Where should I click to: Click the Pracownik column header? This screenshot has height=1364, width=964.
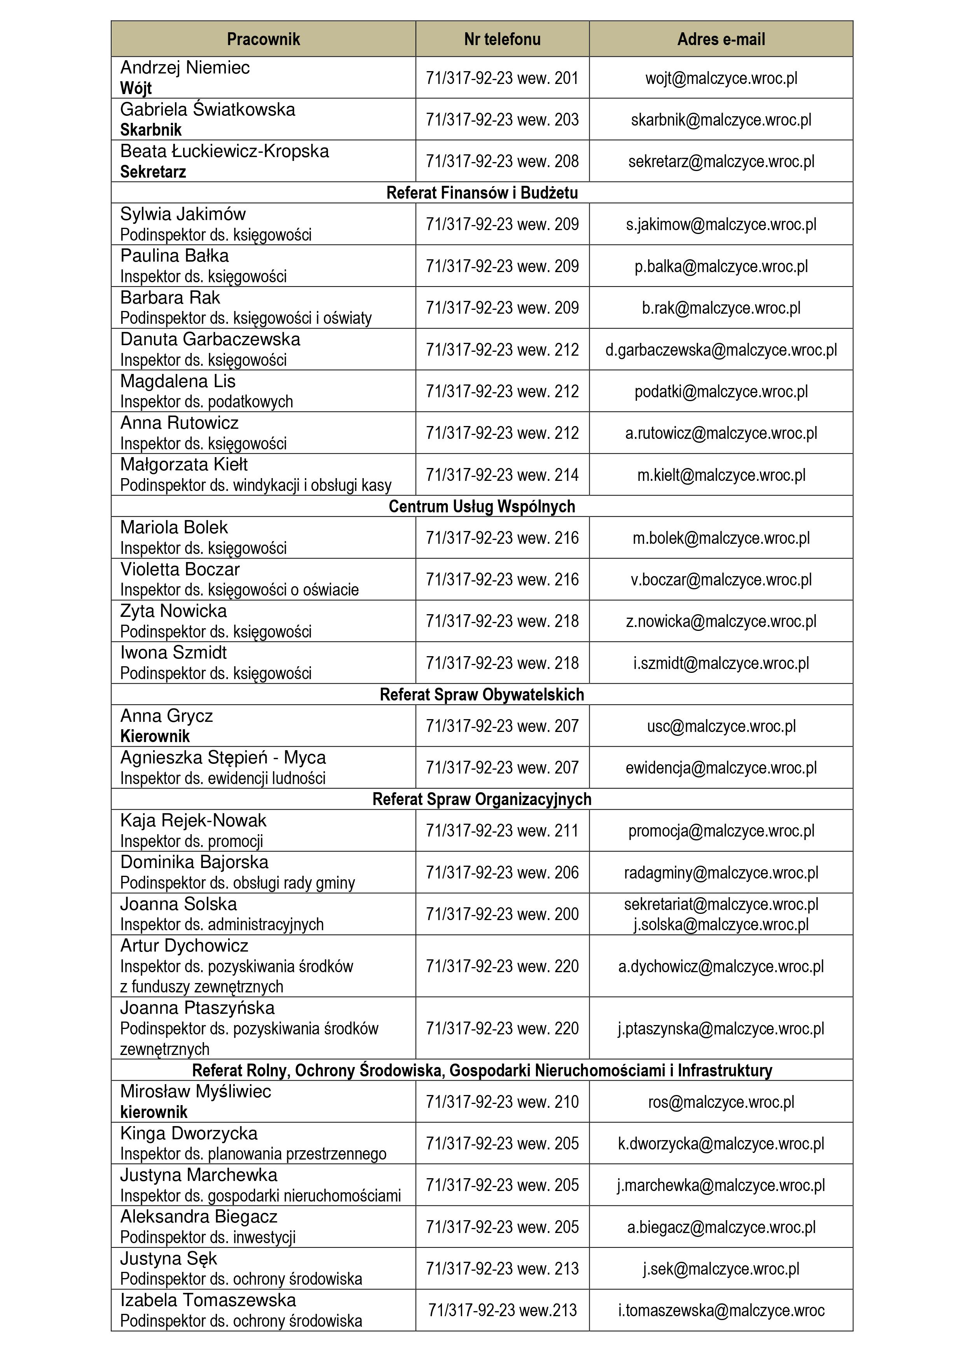pyautogui.click(x=263, y=39)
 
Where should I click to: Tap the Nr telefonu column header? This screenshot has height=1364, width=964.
pyautogui.click(x=502, y=39)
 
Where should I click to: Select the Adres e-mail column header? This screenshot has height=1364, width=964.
pyautogui.click(x=721, y=39)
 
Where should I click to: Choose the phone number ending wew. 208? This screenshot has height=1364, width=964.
pyautogui.click(x=502, y=161)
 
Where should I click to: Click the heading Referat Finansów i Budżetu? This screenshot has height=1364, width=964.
pyautogui.click(x=482, y=192)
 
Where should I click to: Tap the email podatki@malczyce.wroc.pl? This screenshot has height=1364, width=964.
pyautogui.click(x=721, y=391)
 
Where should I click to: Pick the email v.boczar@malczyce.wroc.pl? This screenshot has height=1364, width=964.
pyautogui.click(x=721, y=580)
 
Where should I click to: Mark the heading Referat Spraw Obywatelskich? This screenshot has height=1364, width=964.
pyautogui.click(x=482, y=695)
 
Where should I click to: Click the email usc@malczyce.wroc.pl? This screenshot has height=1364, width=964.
pyautogui.click(x=721, y=726)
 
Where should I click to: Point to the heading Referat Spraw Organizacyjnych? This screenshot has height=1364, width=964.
pyautogui.click(x=482, y=799)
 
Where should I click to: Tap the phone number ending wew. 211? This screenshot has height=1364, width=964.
pyautogui.click(x=502, y=831)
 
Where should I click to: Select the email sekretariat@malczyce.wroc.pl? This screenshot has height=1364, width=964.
pyautogui.click(x=721, y=904)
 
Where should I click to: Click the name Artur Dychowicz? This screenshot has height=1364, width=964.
pyautogui.click(x=184, y=946)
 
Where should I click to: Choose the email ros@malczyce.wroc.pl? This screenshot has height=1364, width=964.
pyautogui.click(x=721, y=1102)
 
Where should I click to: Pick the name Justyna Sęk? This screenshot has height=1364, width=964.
pyautogui.click(x=169, y=1258)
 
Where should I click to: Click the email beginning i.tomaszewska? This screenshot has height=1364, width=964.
pyautogui.click(x=721, y=1310)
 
